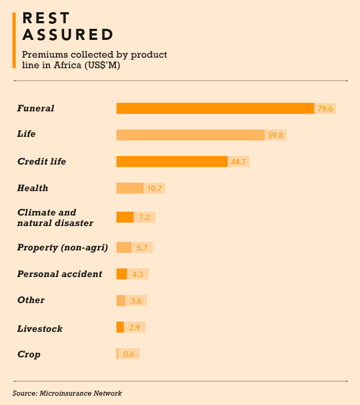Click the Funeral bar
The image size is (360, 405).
tap(215, 108)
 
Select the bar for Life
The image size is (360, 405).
tap(190, 135)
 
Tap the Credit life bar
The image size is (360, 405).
tap(172, 161)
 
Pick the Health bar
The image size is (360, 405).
tap(130, 188)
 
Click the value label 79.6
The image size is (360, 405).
tap(325, 109)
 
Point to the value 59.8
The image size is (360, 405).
tap(276, 135)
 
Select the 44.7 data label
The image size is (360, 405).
tap(239, 162)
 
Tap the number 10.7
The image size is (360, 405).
tap(155, 188)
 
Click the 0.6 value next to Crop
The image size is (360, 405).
tap(128, 354)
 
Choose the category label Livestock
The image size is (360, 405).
tap(40, 329)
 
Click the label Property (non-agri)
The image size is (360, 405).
tap(63, 247)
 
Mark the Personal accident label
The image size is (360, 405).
tap(60, 274)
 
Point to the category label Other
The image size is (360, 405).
tap(31, 300)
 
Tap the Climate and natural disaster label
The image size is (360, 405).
tap(55, 217)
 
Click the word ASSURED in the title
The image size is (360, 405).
tap(68, 35)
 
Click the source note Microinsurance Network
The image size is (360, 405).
tap(67, 393)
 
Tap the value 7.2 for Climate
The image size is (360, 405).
tap(144, 217)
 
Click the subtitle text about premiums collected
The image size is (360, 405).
tap(94, 60)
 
